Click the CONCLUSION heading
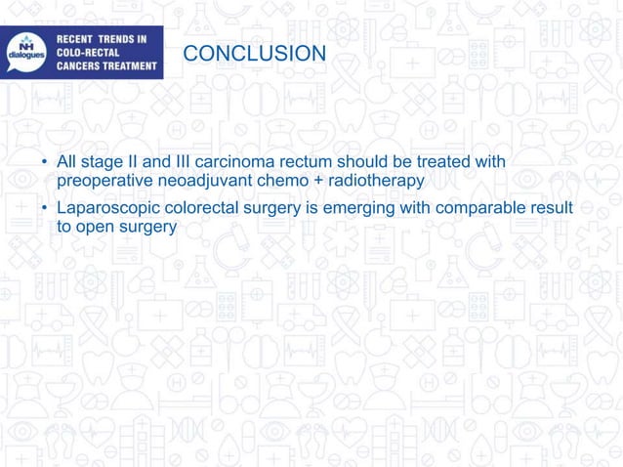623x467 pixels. tap(255, 53)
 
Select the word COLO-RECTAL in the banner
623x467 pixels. tap(86, 53)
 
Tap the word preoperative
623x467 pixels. tap(103, 180)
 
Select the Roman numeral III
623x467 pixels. tap(189, 161)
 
